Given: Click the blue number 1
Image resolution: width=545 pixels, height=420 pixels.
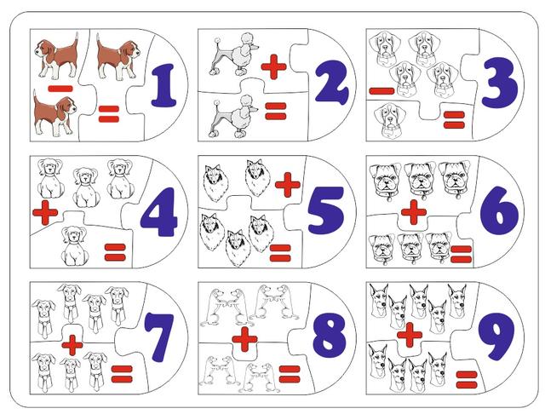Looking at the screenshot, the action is pyautogui.click(x=163, y=85).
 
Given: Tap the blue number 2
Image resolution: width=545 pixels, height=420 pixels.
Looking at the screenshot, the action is pyautogui.click(x=331, y=82).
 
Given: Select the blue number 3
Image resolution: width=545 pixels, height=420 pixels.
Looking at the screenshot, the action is pyautogui.click(x=500, y=83).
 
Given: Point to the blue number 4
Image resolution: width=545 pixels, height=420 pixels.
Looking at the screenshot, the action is pyautogui.click(x=159, y=212).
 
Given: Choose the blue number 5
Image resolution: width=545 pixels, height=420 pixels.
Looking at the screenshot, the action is pyautogui.click(x=326, y=210).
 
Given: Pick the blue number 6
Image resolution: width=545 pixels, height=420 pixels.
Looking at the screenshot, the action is pyautogui.click(x=499, y=210).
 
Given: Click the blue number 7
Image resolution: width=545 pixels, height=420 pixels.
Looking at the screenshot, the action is pyautogui.click(x=159, y=337).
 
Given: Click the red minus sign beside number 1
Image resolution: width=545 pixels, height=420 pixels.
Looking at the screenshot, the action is pyautogui.click(x=60, y=89).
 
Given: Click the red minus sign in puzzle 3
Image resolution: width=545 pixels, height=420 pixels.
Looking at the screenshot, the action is pyautogui.click(x=382, y=91).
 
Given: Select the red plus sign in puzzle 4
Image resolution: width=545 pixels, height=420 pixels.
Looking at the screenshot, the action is pyautogui.click(x=45, y=212).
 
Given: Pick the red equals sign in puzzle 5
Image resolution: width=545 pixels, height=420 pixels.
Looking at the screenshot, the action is pyautogui.click(x=280, y=253).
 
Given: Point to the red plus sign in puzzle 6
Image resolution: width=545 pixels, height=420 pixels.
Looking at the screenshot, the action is pyautogui.click(x=414, y=212).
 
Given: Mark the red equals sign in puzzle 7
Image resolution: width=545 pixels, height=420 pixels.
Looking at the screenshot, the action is pyautogui.click(x=122, y=374).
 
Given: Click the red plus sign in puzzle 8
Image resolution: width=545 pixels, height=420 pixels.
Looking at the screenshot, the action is pyautogui.click(x=244, y=339).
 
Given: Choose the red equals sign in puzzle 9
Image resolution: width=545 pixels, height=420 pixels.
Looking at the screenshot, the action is pyautogui.click(x=467, y=380).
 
